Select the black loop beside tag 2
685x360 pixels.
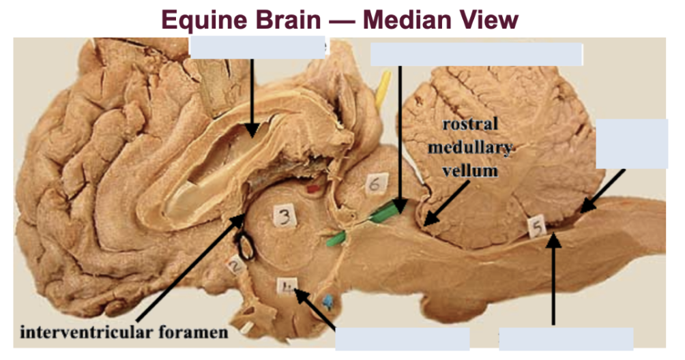click(245, 247)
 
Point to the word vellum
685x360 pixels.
click(470, 171)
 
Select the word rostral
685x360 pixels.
click(470, 125)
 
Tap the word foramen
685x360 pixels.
click(198, 333)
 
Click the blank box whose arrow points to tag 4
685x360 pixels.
click(402, 338)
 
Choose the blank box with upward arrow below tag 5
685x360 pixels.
click(566, 338)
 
